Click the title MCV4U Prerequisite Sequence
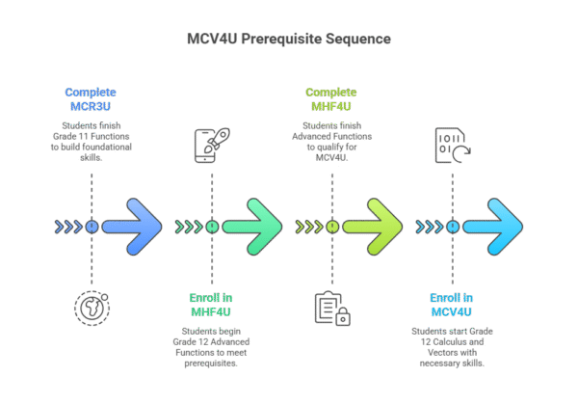pyautogui.click(x=289, y=40)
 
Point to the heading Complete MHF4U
pyautogui.click(x=331, y=98)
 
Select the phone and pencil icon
pyautogui.click(x=211, y=145)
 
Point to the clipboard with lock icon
pyautogui.click(x=331, y=308)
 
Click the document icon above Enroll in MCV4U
pyautogui.click(x=451, y=145)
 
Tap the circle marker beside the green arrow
pyautogui.click(x=211, y=228)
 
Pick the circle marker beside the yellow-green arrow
pyautogui.click(x=331, y=228)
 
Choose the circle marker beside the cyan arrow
pyautogui.click(x=451, y=228)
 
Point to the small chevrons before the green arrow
pyautogui.click(x=188, y=228)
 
